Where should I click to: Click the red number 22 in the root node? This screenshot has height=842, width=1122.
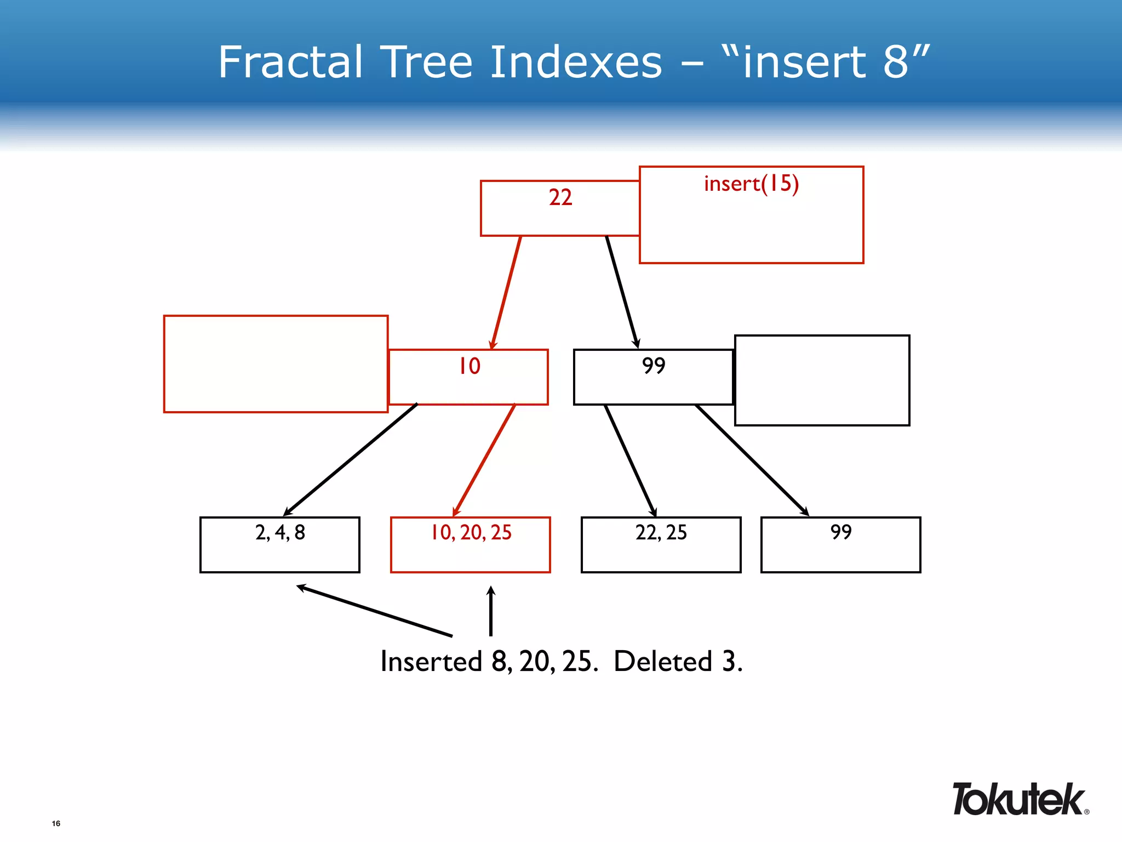(560, 197)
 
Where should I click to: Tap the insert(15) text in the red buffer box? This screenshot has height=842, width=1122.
(751, 184)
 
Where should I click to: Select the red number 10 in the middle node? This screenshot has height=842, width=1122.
(470, 366)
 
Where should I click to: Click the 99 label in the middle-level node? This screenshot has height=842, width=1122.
(653, 366)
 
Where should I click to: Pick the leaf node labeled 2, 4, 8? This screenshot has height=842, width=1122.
(279, 544)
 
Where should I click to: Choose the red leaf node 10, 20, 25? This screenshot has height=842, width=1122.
(470, 544)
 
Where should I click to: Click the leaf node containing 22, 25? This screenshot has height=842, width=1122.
(661, 544)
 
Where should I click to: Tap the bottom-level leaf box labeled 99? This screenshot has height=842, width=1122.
(840, 544)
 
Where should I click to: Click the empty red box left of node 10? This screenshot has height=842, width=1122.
(276, 364)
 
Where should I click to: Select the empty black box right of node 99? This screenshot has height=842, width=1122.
(822, 380)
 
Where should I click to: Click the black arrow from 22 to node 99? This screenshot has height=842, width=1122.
(622, 292)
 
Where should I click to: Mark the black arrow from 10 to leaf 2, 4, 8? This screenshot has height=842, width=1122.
(351, 459)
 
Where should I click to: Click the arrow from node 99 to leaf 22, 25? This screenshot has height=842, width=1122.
(630, 460)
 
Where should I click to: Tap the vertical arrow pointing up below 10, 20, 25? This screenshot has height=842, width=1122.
(491, 611)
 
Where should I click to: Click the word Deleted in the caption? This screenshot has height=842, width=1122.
(662, 661)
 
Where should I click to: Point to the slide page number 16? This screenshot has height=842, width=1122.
(56, 823)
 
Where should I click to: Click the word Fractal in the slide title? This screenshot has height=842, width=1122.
(290, 62)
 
